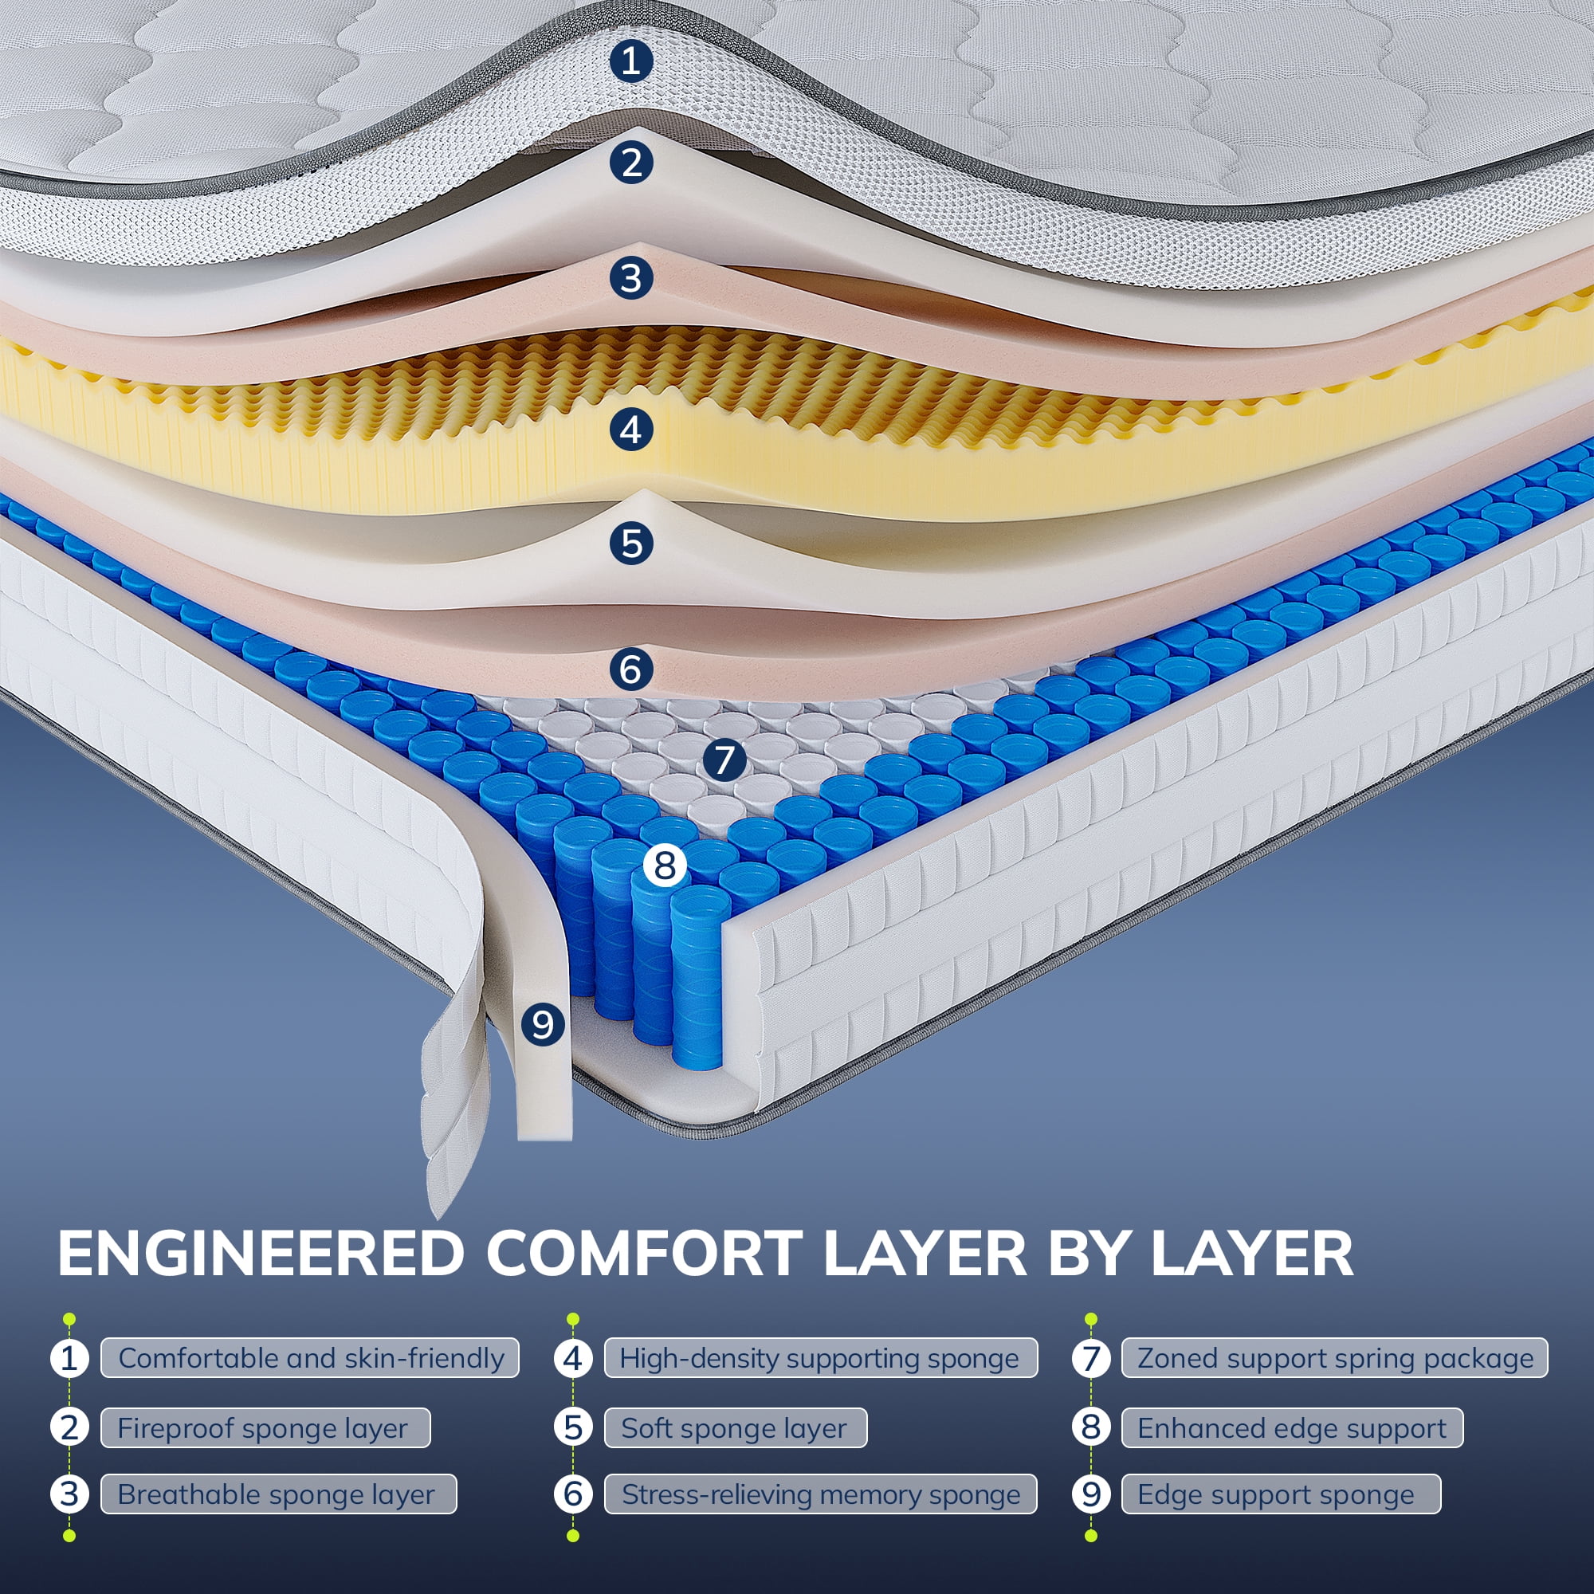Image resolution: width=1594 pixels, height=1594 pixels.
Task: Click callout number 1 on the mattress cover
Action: coord(631,61)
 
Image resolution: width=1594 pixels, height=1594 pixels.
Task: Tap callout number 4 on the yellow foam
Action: coord(631,430)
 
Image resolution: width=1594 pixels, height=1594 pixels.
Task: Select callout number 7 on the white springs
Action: coord(724,759)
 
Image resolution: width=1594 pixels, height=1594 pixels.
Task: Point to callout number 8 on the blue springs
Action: coord(665,865)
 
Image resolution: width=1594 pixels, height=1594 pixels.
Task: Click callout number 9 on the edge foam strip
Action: coord(542,1024)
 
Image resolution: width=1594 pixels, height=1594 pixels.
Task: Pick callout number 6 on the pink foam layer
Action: coord(631,669)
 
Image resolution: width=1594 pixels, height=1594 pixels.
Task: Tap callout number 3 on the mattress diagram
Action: coord(631,278)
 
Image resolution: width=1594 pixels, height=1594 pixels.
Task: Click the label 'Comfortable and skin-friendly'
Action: coord(310,1358)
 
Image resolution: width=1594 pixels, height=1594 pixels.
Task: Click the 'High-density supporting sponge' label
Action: coord(820,1358)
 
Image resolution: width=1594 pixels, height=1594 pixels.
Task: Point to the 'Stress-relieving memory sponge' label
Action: coord(820,1494)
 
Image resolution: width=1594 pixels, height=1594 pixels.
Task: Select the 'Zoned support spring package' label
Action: coord(1335,1358)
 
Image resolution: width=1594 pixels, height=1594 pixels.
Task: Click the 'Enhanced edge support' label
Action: coord(1292,1428)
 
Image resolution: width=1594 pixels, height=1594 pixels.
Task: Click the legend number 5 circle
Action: coord(573,1428)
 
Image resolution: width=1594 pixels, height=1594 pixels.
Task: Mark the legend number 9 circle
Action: coord(1091,1494)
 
